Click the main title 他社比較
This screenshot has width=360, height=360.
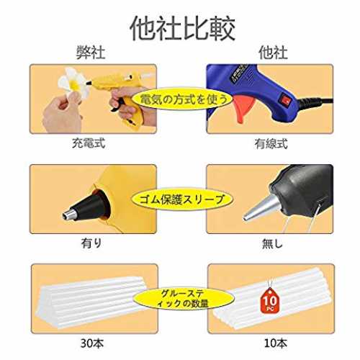183,29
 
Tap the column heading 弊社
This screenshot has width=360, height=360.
91,53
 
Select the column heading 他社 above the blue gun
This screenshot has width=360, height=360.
273,53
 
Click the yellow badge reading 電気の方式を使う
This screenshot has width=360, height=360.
183,99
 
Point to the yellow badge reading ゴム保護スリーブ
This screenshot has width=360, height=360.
182,199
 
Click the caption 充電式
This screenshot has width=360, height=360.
89,143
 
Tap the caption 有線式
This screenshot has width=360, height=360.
271,144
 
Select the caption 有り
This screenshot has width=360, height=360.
91,243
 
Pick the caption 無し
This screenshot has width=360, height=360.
272,243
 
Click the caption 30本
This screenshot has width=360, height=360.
92,343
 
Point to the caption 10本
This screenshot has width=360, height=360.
276,343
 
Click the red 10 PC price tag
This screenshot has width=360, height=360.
270,300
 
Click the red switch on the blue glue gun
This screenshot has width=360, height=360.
286,100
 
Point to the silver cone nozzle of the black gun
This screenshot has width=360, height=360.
261,208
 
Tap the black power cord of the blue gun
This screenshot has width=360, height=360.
315,103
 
